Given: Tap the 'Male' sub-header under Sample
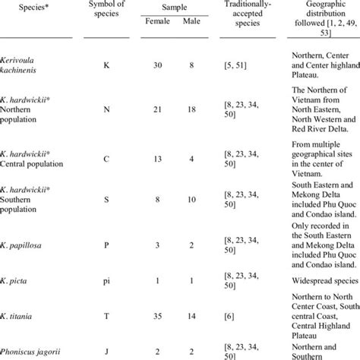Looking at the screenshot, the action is tap(190, 42).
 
